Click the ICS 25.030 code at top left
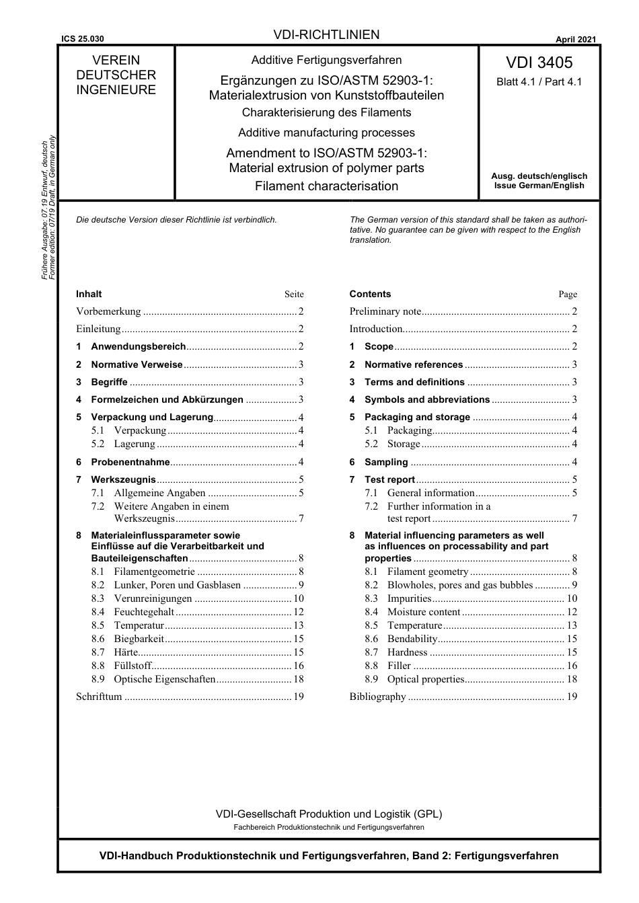pyautogui.click(x=83, y=40)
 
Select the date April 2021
pyautogui.click(x=575, y=40)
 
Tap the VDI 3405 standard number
pyautogui.click(x=539, y=63)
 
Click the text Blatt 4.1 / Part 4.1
pyautogui.click(x=539, y=82)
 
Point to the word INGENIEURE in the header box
pyautogui.click(x=116, y=90)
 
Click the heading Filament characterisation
pyautogui.click(x=326, y=186)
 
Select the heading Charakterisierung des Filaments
pyautogui.click(x=326, y=112)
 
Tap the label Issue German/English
pyautogui.click(x=539, y=186)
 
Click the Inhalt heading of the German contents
pyautogui.click(x=89, y=294)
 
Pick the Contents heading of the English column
pyautogui.click(x=370, y=294)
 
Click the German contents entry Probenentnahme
pyautogui.click(x=130, y=462)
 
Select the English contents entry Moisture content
pyautogui.click(x=424, y=612)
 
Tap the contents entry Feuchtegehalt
pyautogui.click(x=144, y=612)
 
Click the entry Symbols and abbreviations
pyautogui.click(x=427, y=399)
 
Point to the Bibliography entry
pyautogui.click(x=377, y=697)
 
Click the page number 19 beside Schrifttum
pyautogui.click(x=298, y=697)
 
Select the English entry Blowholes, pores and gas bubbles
pyautogui.click(x=460, y=585)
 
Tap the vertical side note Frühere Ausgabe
pyautogui.click(x=44, y=208)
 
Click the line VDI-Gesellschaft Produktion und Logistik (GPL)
pyautogui.click(x=328, y=814)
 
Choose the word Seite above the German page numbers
pyautogui.click(x=294, y=295)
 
